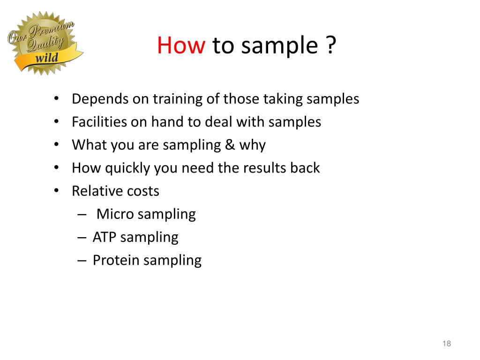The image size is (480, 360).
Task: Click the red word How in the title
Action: click(x=181, y=46)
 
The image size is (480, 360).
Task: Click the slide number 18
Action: click(x=446, y=344)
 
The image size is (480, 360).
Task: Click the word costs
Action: click(x=143, y=191)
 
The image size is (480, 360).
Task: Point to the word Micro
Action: click(x=115, y=214)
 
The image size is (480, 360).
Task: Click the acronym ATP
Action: click(x=105, y=237)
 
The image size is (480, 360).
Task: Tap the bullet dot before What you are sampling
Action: click(x=56, y=145)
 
